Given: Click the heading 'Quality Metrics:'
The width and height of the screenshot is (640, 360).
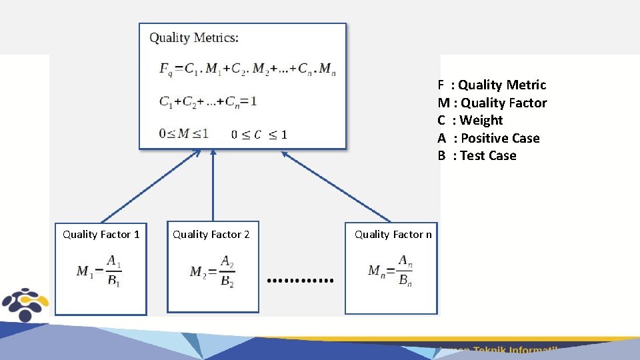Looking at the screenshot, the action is click(x=193, y=38).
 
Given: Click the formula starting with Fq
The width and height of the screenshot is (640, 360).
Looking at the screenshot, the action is click(x=247, y=69).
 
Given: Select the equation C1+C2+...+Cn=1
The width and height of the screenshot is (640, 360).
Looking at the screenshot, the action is click(x=208, y=102).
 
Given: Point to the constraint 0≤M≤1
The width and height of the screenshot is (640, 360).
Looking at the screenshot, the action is click(x=183, y=133).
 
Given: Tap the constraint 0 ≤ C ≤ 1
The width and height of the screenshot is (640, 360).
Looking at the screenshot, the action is click(x=259, y=135).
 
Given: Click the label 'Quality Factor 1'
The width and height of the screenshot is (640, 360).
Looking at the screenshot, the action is click(x=101, y=234).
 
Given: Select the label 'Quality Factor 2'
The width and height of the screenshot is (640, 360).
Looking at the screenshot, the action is click(x=211, y=234).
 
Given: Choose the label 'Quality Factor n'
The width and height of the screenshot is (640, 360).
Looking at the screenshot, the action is click(x=393, y=234).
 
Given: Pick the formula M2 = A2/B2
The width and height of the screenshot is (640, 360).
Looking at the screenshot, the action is click(x=212, y=271).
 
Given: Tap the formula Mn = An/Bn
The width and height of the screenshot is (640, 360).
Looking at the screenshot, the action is click(x=391, y=270).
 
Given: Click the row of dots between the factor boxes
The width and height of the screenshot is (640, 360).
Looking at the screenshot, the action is click(x=300, y=281).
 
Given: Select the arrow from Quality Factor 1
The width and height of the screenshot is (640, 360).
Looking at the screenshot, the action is click(x=150, y=186).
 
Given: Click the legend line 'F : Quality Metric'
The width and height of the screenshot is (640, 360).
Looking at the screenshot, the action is click(x=492, y=85).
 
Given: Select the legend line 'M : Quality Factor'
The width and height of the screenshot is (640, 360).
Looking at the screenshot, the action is click(x=492, y=103).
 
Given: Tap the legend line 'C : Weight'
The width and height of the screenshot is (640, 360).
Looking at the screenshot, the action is click(x=470, y=120).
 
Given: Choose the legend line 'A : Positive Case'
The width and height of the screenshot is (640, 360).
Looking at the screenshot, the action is click(x=489, y=138).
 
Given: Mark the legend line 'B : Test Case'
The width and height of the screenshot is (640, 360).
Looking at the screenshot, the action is click(x=477, y=155).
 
